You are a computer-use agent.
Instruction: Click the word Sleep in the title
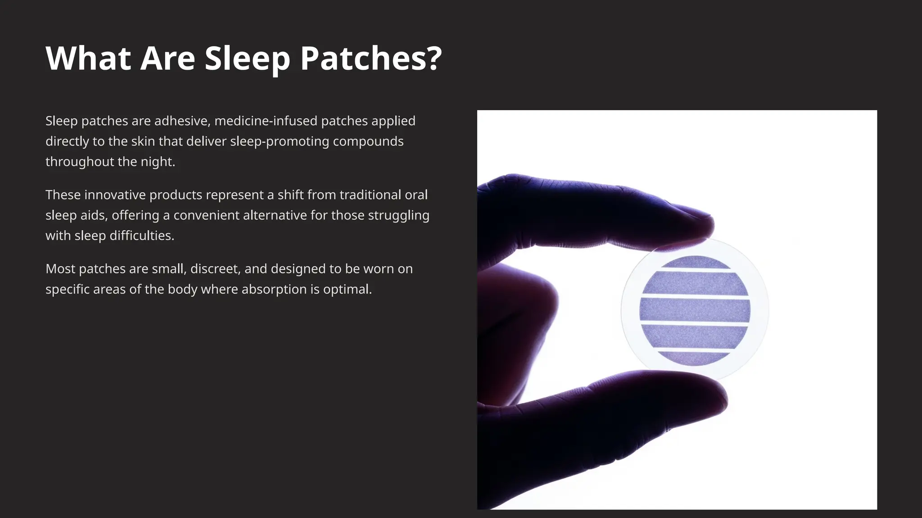247,58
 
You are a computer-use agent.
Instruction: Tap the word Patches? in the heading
371,58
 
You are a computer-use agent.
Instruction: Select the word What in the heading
88,58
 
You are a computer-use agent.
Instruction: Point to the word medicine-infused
266,121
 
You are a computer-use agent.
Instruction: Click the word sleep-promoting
280,141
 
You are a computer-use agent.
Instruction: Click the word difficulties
141,236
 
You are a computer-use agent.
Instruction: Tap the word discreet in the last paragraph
215,269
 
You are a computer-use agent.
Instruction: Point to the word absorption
271,289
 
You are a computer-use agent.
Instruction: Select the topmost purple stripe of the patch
695,262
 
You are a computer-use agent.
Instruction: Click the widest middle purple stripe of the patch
695,310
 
